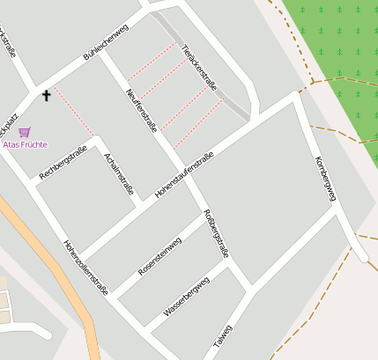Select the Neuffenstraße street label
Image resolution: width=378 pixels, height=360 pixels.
coord(141,110)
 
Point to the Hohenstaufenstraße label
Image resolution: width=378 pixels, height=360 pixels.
coord(184,174)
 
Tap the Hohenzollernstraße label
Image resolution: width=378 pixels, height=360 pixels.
coord(85,268)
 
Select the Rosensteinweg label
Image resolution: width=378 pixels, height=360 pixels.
coord(160,255)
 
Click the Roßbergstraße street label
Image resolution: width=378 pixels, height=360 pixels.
coord(216,233)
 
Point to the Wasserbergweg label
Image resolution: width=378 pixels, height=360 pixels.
coord(186,296)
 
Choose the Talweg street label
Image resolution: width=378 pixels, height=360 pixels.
coord(223,335)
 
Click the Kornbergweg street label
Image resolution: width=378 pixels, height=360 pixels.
coord(325,178)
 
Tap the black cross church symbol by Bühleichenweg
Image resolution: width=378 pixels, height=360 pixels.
coord(46,94)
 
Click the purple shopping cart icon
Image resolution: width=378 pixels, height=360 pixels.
coord(24,132)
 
